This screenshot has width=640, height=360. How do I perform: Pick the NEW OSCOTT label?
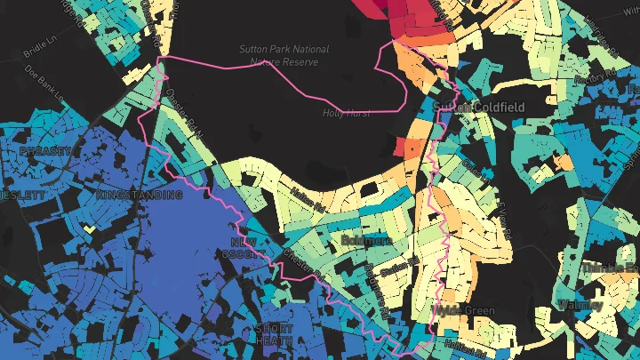coord(247,248)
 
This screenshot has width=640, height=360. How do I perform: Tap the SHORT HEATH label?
coord(273,334)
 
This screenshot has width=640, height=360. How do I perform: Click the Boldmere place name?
coord(365,240)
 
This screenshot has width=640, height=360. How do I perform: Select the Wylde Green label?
coord(464,310)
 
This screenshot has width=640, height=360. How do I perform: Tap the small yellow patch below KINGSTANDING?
coord(88,228)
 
